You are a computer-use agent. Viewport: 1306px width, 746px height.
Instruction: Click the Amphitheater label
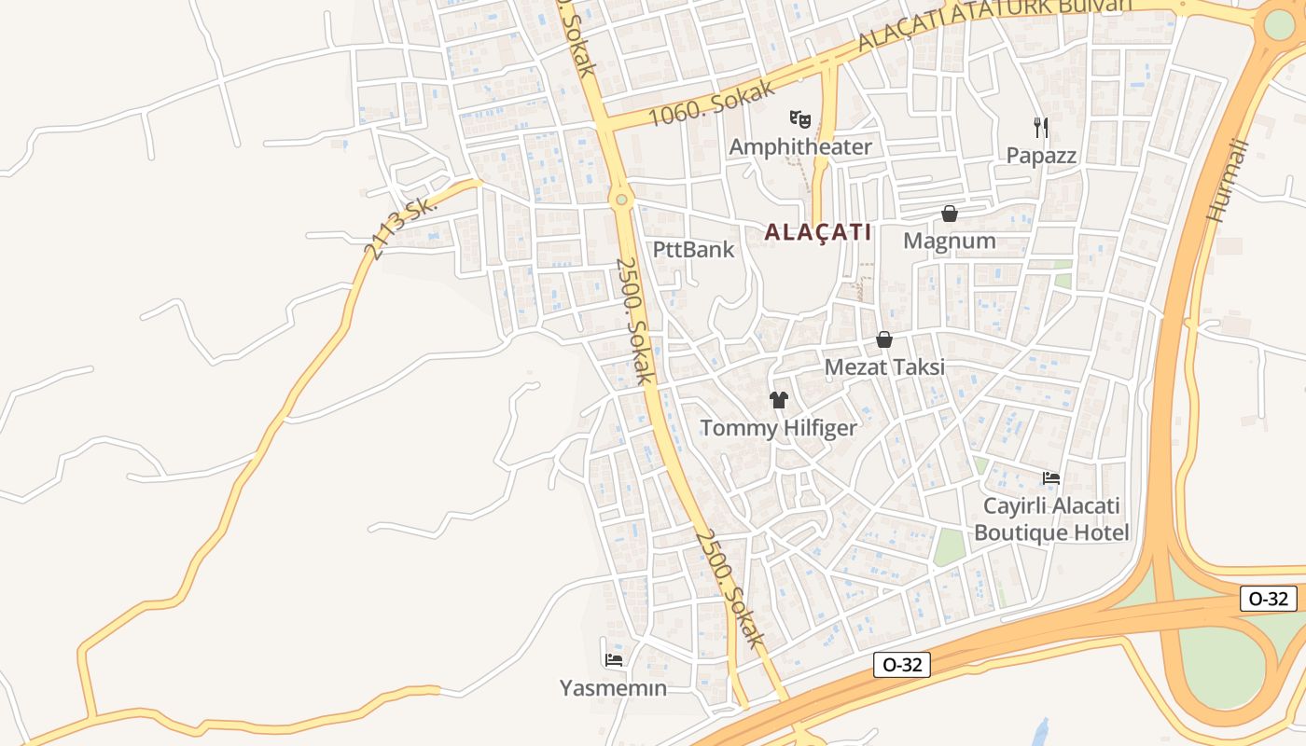click(x=799, y=146)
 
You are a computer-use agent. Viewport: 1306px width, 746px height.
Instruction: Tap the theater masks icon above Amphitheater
click(x=799, y=119)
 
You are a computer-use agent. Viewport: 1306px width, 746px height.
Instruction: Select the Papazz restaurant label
click(x=1041, y=155)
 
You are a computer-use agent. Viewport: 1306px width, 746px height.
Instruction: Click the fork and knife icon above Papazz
click(x=1041, y=127)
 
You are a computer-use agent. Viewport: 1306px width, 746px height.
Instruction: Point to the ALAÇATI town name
click(x=817, y=232)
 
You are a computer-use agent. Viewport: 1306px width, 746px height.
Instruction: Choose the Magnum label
click(x=949, y=241)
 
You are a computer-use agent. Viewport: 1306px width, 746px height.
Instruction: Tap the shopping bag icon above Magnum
click(x=949, y=214)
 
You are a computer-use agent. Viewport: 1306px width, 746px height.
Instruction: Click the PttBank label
click(x=693, y=249)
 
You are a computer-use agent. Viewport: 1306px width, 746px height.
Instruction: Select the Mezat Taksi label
click(x=883, y=366)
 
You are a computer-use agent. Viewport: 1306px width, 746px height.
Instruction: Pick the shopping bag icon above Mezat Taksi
click(x=883, y=339)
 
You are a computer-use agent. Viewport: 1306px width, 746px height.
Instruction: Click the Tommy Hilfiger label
click(x=778, y=428)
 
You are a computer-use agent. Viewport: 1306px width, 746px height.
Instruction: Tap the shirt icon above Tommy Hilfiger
click(x=778, y=400)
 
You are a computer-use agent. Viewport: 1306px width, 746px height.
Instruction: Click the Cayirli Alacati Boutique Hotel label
click(x=1050, y=519)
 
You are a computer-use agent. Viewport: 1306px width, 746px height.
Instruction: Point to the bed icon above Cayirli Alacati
click(x=1050, y=478)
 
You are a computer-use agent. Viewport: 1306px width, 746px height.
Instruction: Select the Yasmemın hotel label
click(x=613, y=688)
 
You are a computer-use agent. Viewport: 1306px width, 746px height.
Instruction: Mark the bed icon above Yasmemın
click(x=613, y=659)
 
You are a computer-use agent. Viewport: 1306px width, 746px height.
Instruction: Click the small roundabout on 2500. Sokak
click(x=621, y=199)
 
